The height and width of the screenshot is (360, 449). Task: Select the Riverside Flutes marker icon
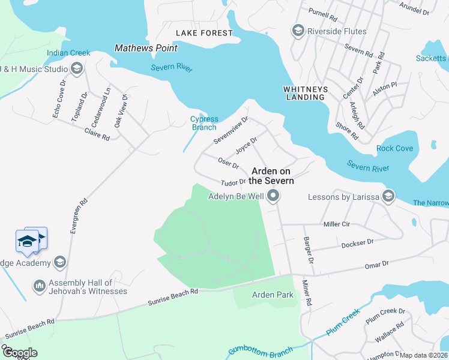point(297,31)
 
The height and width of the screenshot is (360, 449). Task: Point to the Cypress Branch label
point(204,123)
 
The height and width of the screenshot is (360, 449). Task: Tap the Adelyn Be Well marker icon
point(274,196)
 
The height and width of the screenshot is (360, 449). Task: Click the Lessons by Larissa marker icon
point(388,196)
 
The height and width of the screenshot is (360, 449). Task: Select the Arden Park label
point(273,295)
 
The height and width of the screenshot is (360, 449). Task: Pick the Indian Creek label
point(68,53)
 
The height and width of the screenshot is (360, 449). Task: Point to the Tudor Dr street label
point(234,182)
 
